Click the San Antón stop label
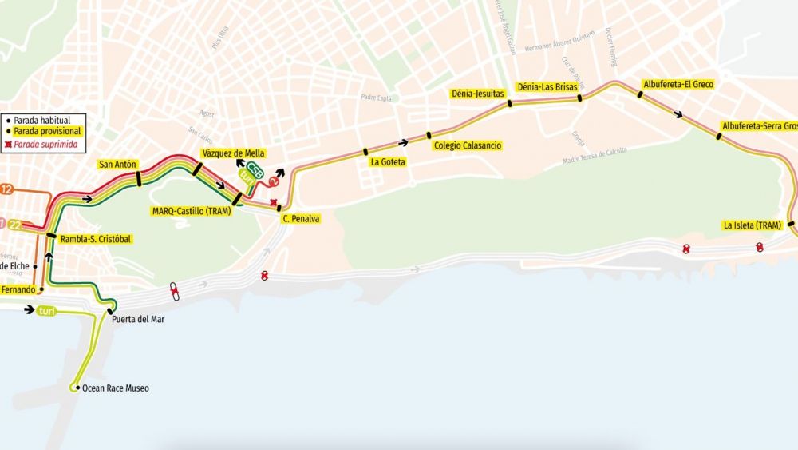(117, 165)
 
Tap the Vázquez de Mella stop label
(233, 153)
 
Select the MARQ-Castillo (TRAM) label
(192, 212)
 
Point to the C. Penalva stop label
(300, 217)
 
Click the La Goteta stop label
(387, 162)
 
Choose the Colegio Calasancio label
(468, 145)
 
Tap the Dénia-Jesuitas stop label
(478, 94)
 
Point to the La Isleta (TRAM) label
(752, 225)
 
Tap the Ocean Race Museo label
(116, 388)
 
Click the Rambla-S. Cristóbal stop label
(95, 238)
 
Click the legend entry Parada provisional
(48, 132)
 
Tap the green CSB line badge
(255, 170)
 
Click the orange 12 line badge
(6, 189)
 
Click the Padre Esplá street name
(379, 98)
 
